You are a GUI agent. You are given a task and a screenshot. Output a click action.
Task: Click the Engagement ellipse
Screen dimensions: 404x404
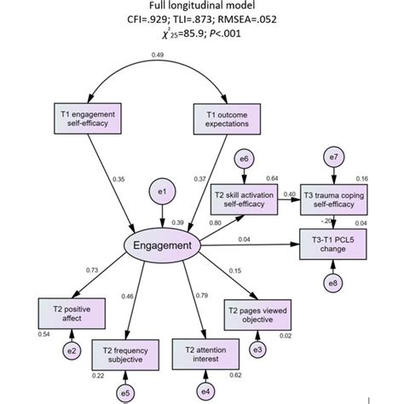[163, 247]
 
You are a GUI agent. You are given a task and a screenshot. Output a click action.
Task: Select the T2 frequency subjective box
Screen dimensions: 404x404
[127, 355]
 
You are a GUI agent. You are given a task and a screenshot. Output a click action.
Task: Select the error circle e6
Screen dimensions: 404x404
[244, 159]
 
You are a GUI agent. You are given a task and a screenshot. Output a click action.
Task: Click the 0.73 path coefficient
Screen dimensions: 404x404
[69, 269]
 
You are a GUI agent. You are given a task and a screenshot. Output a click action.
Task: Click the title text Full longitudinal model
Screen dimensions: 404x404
[202, 7]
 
